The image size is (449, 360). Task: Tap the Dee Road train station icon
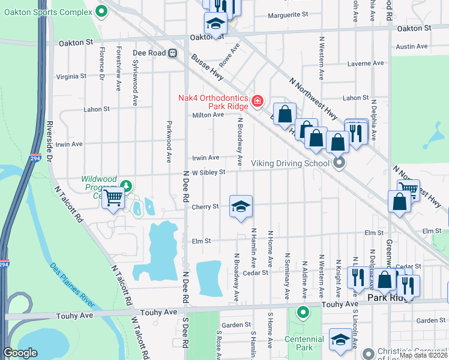pos(172,53)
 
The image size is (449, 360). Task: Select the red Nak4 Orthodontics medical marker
pos(258,100)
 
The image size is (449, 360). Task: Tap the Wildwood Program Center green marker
pos(126,185)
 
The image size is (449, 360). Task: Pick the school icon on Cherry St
pos(241,207)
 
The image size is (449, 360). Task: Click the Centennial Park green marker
pos(303,312)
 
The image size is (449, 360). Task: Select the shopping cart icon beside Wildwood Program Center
pos(113,197)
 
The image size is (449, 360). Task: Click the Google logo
pos(20,353)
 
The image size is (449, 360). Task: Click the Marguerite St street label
pos(288,14)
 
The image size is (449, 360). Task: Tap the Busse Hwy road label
pos(208,68)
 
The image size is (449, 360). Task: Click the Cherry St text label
pos(205,207)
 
